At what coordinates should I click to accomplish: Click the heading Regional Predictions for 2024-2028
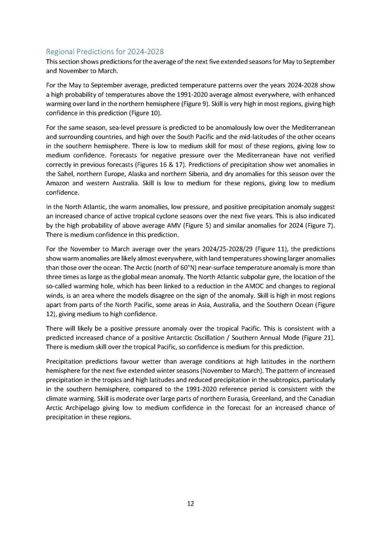coord(105,52)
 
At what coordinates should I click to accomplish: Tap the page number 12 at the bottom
coord(190,503)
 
